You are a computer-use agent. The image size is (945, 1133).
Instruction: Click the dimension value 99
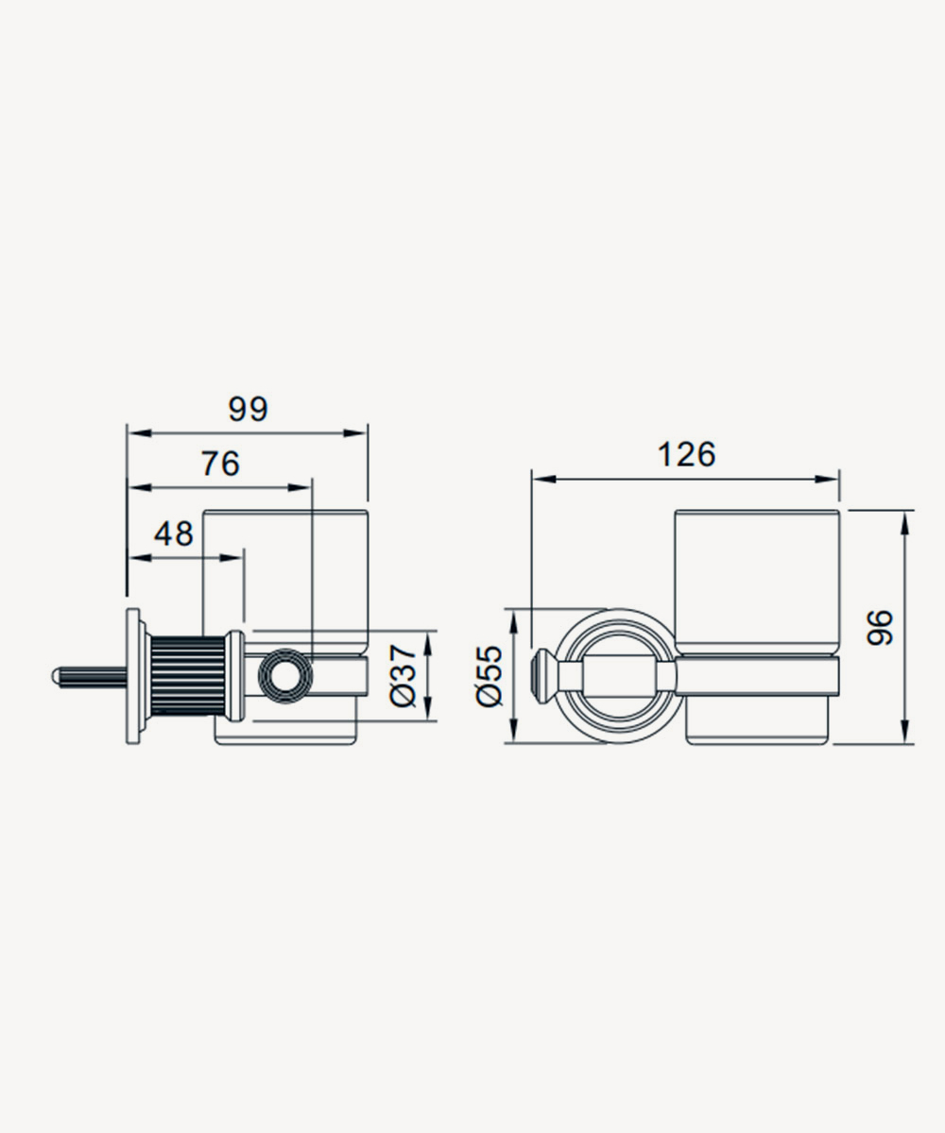(x=249, y=409)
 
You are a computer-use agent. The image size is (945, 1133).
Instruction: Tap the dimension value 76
(x=220, y=464)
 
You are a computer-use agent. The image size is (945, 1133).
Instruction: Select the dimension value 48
(x=173, y=534)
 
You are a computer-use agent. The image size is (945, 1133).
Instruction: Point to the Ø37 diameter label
(x=403, y=675)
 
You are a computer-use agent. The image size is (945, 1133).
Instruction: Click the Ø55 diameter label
(x=489, y=675)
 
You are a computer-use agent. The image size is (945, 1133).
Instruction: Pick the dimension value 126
(x=686, y=455)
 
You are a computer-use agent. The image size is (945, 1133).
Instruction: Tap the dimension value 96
(x=879, y=628)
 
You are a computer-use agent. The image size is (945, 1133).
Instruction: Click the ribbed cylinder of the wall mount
(x=187, y=676)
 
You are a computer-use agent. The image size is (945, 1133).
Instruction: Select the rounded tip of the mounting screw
(x=55, y=676)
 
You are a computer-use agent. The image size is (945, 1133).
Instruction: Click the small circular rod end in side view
(x=285, y=676)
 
